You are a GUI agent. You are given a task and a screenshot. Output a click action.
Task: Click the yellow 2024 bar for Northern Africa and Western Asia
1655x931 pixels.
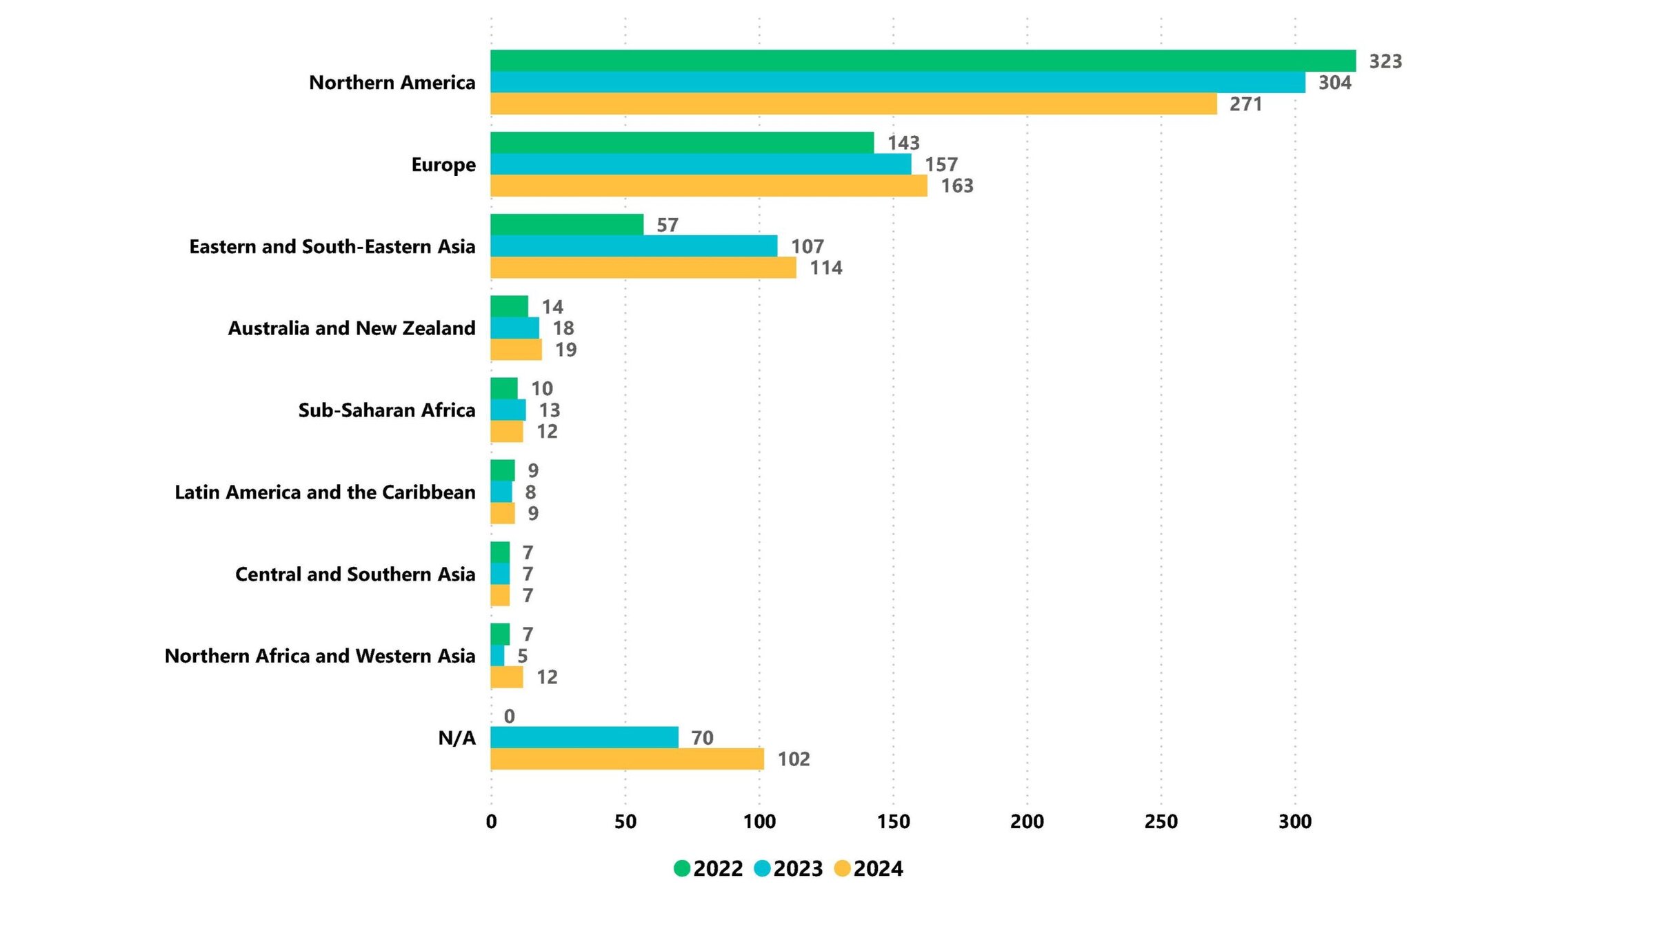(x=507, y=677)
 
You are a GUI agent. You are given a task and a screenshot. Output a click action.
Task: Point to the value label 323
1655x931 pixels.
(x=1385, y=61)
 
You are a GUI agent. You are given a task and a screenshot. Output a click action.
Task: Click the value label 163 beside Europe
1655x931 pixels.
(x=957, y=186)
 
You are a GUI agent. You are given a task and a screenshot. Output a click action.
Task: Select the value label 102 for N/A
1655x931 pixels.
(x=794, y=759)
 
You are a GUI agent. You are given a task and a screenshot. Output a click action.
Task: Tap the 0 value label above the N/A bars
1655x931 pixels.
(x=510, y=717)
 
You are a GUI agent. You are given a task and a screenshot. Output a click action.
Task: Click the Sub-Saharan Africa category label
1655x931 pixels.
(x=387, y=410)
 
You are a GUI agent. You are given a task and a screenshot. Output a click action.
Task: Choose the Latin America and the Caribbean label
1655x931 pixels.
(x=325, y=492)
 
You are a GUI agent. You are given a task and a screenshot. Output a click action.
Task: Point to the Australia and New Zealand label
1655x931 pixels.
(x=352, y=328)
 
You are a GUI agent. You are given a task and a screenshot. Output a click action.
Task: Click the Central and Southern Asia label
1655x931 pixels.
(x=355, y=574)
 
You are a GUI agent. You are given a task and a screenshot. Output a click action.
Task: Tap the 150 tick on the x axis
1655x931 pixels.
(x=894, y=821)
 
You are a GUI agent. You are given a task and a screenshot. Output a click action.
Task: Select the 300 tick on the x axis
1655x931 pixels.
(x=1295, y=821)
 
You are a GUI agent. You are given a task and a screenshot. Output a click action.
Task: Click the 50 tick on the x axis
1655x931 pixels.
(x=625, y=821)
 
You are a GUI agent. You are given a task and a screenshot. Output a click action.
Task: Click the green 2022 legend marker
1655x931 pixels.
(x=682, y=868)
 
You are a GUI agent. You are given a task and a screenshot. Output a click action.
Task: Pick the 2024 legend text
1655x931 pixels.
(x=878, y=868)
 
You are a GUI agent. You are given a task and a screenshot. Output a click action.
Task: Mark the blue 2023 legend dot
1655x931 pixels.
(x=762, y=868)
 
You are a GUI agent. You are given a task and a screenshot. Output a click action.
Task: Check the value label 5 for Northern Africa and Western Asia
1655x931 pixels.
(x=523, y=656)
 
